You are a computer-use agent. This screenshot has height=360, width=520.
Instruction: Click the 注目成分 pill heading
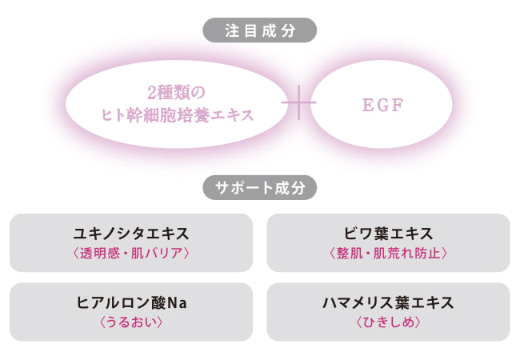260,30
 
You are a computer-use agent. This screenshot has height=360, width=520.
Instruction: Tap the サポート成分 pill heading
260,188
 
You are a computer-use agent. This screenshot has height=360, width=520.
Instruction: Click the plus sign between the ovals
299,103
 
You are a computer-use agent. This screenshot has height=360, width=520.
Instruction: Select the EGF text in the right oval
382,104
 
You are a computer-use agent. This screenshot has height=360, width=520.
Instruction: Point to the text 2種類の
177,92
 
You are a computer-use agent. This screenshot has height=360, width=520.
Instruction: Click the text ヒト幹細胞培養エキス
177,115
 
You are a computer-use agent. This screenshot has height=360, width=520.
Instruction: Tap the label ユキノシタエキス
130,234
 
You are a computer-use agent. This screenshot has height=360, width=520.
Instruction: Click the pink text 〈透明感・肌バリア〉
130,254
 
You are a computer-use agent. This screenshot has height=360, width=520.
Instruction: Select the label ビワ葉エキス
388,234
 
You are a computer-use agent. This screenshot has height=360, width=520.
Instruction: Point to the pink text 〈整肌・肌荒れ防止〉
388,254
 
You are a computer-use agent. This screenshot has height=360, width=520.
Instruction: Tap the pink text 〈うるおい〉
130,322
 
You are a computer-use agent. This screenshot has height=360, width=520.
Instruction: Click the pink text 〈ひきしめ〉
388,322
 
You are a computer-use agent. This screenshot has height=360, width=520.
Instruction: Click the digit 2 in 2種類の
151,92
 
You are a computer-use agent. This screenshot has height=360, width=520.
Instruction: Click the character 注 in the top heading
232,30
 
